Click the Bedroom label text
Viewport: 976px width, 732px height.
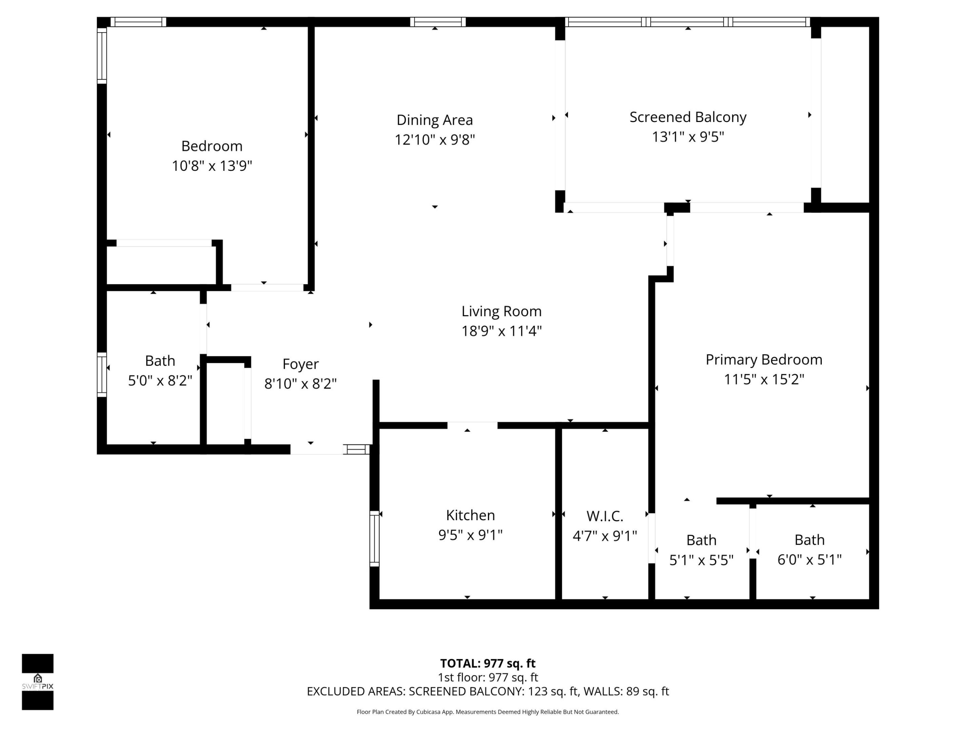point(212,146)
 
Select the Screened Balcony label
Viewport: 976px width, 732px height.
point(687,117)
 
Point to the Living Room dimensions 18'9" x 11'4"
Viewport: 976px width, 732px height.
point(501,331)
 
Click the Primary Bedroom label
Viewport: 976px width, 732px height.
point(764,360)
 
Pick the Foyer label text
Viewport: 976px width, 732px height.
point(301,364)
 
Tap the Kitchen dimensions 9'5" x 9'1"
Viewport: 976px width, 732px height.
point(470,535)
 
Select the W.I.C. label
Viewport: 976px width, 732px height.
point(605,516)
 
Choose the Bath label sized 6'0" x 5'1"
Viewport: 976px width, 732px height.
point(809,540)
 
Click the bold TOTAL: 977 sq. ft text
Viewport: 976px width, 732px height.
point(488,663)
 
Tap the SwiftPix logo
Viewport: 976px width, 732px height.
point(38,682)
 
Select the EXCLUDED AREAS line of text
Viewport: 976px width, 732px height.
point(488,691)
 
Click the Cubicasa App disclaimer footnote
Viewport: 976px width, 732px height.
point(488,712)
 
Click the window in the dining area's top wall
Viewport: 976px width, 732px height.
point(438,22)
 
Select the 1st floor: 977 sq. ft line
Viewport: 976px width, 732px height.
point(488,677)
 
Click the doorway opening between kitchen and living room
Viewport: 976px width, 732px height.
point(472,425)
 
